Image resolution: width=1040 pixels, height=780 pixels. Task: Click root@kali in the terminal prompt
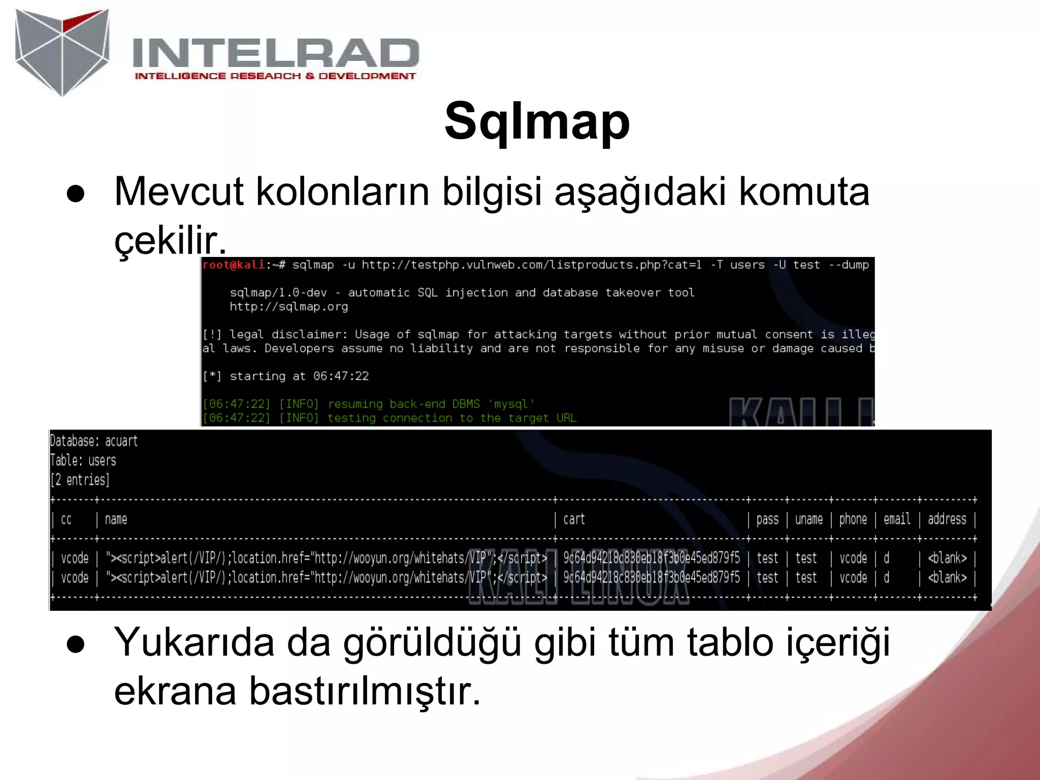pos(233,265)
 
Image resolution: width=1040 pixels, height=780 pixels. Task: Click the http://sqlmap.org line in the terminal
pos(288,306)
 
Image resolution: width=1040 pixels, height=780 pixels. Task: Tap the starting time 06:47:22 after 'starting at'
pos(341,376)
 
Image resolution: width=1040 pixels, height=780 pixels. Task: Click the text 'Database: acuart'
pos(93,441)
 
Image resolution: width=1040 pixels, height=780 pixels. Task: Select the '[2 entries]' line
pos(80,479)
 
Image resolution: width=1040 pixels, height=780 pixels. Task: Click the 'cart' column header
pos(574,519)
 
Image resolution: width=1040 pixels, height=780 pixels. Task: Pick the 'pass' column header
pos(767,519)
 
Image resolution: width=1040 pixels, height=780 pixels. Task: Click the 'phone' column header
pos(853,519)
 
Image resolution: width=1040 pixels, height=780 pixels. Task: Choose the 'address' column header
pos(947,519)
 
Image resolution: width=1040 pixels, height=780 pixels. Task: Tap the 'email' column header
pos(897,519)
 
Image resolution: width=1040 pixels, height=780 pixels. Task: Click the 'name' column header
pos(116,519)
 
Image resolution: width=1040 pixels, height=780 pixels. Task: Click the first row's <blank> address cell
pos(947,558)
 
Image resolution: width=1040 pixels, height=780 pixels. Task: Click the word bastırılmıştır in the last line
pos(364,691)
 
